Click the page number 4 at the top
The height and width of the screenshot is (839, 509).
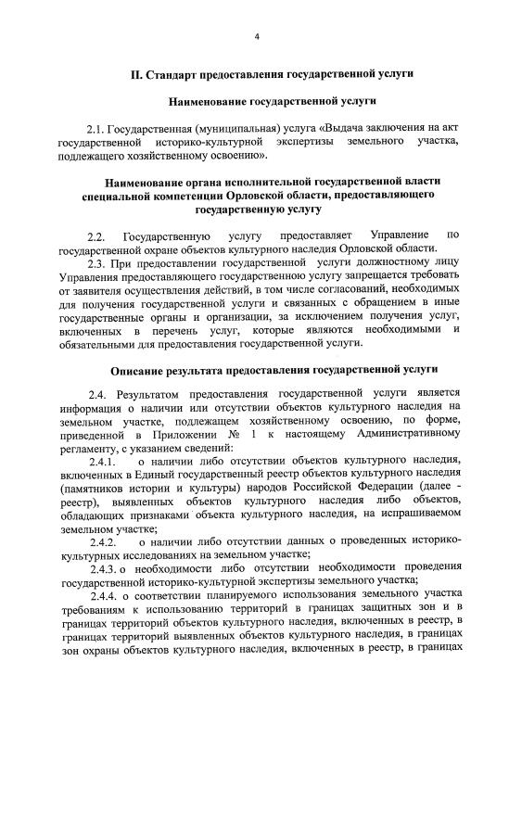click(x=257, y=37)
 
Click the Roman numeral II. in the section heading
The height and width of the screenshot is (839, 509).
click(x=135, y=72)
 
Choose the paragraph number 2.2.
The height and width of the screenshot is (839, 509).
click(x=97, y=237)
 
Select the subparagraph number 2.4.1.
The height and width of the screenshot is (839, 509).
click(x=102, y=461)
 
